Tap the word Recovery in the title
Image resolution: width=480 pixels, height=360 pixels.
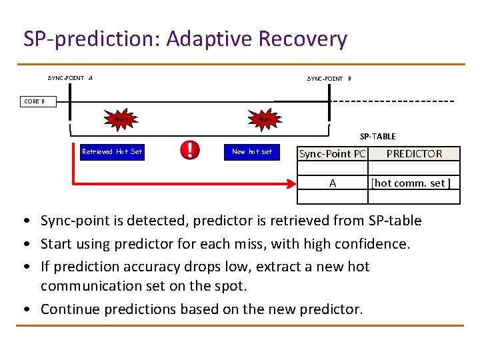click(303, 39)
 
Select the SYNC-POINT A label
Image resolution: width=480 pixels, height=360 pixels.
click(70, 78)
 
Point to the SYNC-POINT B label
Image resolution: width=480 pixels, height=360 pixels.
click(329, 79)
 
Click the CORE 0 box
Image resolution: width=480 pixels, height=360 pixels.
click(34, 101)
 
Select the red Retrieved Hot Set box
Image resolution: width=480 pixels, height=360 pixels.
click(111, 151)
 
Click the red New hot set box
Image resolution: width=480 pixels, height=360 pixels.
click(251, 151)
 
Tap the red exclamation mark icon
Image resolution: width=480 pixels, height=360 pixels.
click(190, 150)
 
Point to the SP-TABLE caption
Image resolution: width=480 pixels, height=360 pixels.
click(377, 136)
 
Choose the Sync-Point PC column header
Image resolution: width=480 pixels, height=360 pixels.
click(332, 154)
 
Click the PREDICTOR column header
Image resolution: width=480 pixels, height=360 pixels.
click(414, 154)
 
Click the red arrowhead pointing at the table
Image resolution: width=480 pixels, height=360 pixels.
click(292, 182)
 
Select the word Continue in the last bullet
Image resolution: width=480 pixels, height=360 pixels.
click(67, 309)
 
